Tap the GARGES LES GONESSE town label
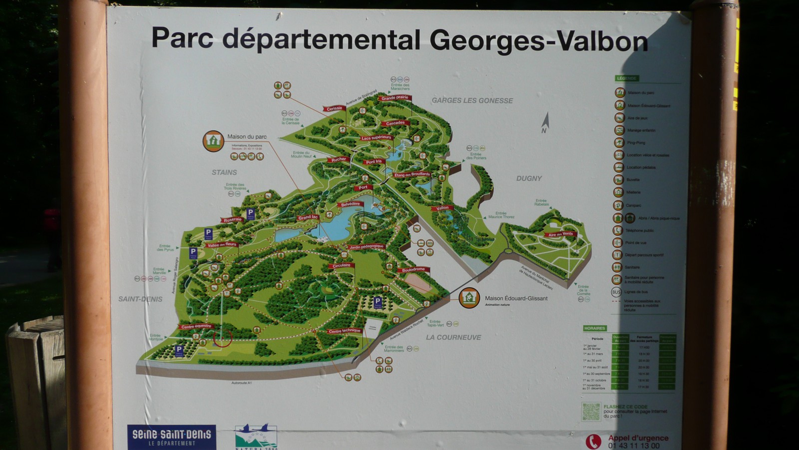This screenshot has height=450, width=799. tap(472, 100)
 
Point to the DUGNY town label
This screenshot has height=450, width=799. tap(529, 178)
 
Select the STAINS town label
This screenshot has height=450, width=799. tap(224, 172)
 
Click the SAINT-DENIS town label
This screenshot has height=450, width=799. tap(140, 299)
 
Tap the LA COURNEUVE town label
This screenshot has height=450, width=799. tap(453, 337)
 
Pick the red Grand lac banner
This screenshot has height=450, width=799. tap(308, 217)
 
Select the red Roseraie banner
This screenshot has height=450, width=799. tap(232, 219)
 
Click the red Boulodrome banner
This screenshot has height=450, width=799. tap(413, 270)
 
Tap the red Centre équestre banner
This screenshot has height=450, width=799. tap(196, 326)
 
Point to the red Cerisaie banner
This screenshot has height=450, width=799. tap(334, 108)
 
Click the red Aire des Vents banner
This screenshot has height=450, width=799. tap(560, 234)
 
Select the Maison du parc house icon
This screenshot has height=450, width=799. tap(213, 141)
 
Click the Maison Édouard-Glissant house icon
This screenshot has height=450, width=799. tap(469, 298)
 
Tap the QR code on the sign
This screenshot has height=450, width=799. tap(591, 411)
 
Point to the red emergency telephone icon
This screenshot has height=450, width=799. tap(593, 441)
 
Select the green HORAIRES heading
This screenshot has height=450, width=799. tap(594, 328)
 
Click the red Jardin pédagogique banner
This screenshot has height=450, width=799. tap(367, 246)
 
